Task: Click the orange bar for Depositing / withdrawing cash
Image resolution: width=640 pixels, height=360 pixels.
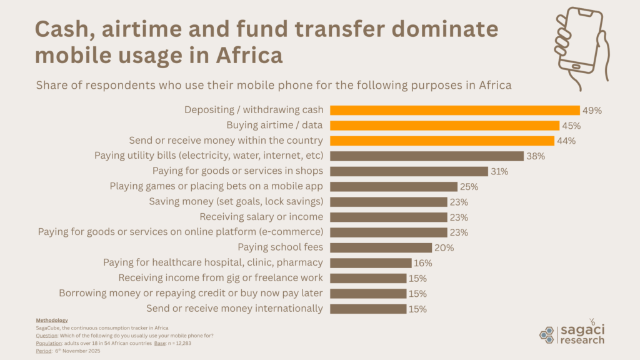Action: [454, 110]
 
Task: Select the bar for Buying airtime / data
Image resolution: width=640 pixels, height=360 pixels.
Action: [444, 126]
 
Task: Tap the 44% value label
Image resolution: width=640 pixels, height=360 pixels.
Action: [566, 141]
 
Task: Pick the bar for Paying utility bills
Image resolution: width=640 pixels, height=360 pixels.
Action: [426, 156]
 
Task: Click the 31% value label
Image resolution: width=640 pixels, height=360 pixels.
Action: [499, 171]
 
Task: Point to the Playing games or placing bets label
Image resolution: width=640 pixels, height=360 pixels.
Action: [216, 186]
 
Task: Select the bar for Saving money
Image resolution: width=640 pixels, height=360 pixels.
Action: [388, 201]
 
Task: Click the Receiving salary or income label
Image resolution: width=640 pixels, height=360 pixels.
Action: [261, 217]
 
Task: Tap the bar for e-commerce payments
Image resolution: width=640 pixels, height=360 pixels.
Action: [388, 232]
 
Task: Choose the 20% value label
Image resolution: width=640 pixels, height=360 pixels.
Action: [444, 247]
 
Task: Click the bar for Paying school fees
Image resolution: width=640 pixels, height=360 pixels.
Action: [381, 247]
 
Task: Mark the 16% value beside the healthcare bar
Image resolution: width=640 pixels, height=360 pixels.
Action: [423, 262]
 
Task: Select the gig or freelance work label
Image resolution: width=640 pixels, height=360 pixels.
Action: [221, 277]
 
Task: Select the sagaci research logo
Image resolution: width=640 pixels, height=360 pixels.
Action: [572, 334]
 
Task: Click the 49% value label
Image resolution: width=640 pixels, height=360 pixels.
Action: [591, 110]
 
